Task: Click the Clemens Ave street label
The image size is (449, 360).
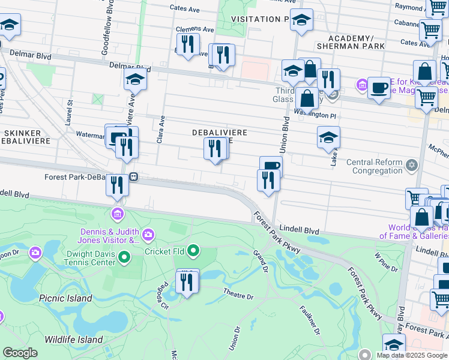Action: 194,29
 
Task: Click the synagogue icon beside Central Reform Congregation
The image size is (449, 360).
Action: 411,164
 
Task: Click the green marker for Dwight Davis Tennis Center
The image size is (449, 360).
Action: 124,258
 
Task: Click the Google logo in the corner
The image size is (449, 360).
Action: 20,353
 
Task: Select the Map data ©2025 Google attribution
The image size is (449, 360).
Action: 411,355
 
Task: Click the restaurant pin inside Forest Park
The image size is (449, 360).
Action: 187,282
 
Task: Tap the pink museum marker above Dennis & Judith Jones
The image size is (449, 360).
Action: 117,214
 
